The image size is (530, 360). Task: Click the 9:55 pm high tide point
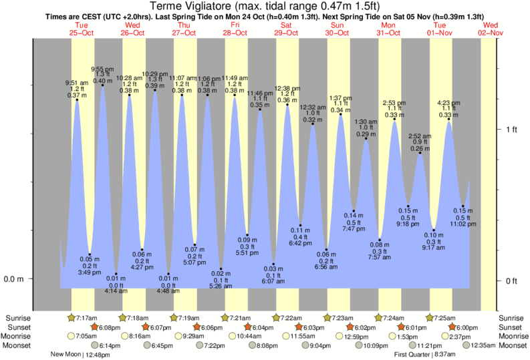pyautogui.click(x=102, y=85)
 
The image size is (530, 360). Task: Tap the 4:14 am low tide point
pyautogui.click(x=116, y=274)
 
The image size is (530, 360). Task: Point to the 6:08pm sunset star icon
pyautogui.click(x=95, y=327)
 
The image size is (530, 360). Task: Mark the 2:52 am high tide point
pyautogui.click(x=420, y=154)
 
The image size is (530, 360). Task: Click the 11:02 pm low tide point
pyautogui.click(x=462, y=206)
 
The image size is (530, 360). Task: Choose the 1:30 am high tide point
pyautogui.click(x=366, y=139)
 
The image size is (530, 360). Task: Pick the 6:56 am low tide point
pyautogui.click(x=327, y=249)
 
